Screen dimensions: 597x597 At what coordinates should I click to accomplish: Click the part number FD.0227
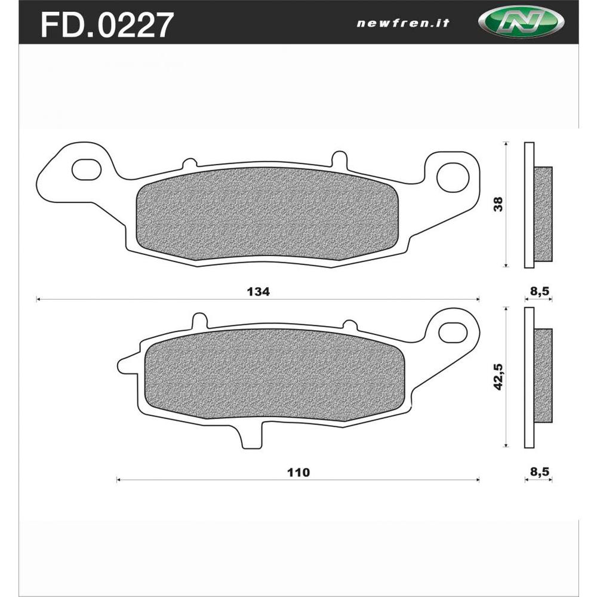pyautogui.click(x=107, y=24)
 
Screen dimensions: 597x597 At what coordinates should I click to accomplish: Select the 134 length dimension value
pyautogui.click(x=258, y=292)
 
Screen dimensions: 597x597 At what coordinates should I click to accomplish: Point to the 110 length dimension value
pyautogui.click(x=298, y=472)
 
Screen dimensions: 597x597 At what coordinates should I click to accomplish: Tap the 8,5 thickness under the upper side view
pyautogui.click(x=539, y=291)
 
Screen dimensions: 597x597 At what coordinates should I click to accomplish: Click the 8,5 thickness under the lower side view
pyautogui.click(x=539, y=472)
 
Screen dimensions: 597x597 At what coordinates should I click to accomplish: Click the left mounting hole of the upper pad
pyautogui.click(x=87, y=169)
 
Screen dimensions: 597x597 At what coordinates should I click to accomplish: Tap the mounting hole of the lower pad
pyautogui.click(x=454, y=331)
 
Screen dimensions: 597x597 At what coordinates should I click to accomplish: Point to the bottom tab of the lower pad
pyautogui.click(x=249, y=436)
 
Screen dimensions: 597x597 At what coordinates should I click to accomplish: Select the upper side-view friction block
pyautogui.click(x=543, y=214)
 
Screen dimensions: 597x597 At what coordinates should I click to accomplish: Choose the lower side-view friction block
pyautogui.click(x=543, y=374)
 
